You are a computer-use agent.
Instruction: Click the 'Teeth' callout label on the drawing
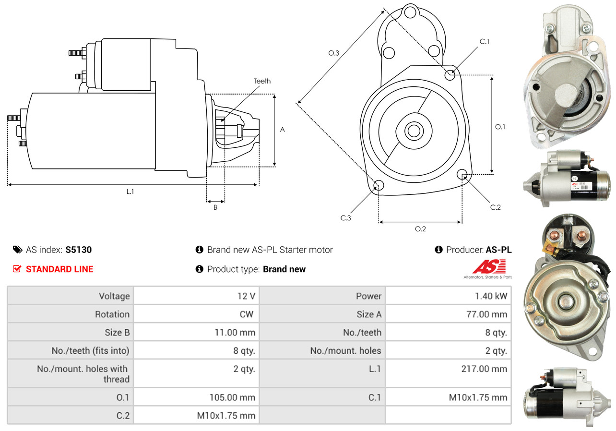[262, 81]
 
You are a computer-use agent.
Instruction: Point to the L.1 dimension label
[130, 191]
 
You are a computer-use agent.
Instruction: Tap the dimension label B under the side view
[215, 207]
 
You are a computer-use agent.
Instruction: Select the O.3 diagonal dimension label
[334, 53]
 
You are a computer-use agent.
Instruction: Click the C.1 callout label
[485, 41]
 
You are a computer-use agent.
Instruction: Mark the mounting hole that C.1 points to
[450, 75]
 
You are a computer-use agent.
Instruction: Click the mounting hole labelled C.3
[379, 186]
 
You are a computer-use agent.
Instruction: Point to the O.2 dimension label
[420, 228]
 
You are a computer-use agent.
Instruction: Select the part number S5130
[78, 250]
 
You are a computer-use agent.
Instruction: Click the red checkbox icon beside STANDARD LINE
[17, 269]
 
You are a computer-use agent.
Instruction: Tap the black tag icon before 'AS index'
[17, 250]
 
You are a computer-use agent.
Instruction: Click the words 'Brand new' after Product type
[284, 269]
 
